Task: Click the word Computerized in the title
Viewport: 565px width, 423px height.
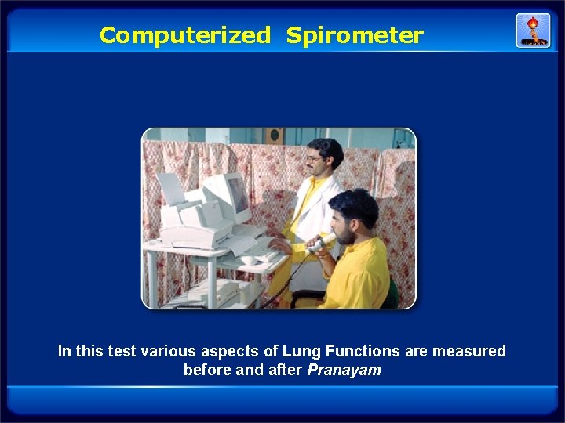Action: [184, 35]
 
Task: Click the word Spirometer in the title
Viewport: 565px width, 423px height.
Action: [354, 35]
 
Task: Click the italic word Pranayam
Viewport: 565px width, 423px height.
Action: [344, 370]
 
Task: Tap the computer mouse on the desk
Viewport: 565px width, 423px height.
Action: [249, 259]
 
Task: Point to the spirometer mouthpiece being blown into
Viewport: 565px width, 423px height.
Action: [323, 241]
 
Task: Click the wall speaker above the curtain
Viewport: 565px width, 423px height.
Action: [275, 136]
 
